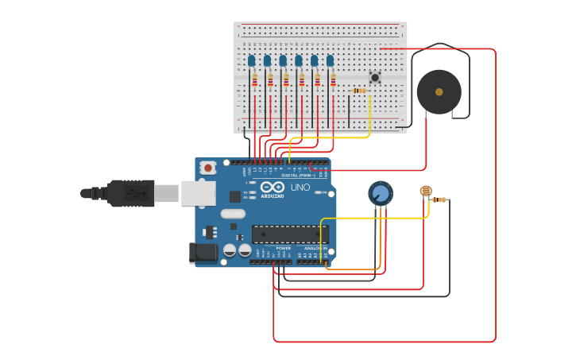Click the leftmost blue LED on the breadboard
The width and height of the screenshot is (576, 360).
(x=251, y=60)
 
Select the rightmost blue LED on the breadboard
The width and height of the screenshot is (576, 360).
(x=330, y=60)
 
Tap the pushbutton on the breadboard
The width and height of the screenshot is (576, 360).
(x=374, y=77)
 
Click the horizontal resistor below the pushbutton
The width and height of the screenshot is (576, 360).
(x=360, y=91)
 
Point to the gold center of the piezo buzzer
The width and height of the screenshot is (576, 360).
(x=439, y=92)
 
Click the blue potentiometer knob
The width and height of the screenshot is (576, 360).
(x=381, y=193)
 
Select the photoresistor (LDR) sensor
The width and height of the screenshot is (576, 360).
(x=425, y=191)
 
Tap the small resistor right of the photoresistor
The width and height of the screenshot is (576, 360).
(x=442, y=199)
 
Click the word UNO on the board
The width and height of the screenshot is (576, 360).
(x=300, y=188)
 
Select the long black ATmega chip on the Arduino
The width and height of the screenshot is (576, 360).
(x=290, y=234)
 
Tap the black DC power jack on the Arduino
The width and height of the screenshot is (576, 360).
(x=203, y=253)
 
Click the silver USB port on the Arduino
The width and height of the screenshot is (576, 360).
(x=198, y=193)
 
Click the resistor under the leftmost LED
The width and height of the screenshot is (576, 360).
(x=254, y=80)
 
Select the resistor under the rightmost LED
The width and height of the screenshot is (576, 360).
(x=333, y=80)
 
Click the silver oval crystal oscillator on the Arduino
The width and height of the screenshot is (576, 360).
(x=233, y=213)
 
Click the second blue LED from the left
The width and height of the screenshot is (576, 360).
(x=267, y=60)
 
